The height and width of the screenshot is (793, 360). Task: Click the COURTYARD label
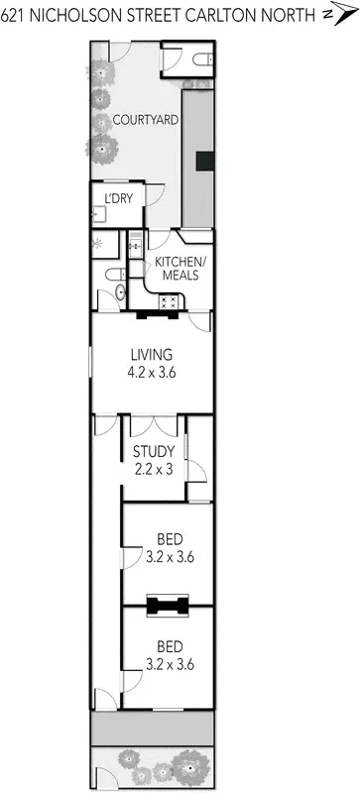coord(145,120)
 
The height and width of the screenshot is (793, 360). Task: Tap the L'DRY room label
coord(118,198)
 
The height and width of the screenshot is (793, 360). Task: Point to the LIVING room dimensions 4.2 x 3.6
coord(152,373)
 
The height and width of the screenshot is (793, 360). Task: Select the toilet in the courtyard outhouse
coord(200,61)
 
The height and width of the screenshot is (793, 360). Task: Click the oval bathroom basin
coord(118,292)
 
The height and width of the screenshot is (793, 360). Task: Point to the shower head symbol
coord(97,242)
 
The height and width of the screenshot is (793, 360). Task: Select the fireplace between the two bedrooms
coord(167,605)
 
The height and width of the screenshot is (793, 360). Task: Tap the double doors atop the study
coord(154,425)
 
